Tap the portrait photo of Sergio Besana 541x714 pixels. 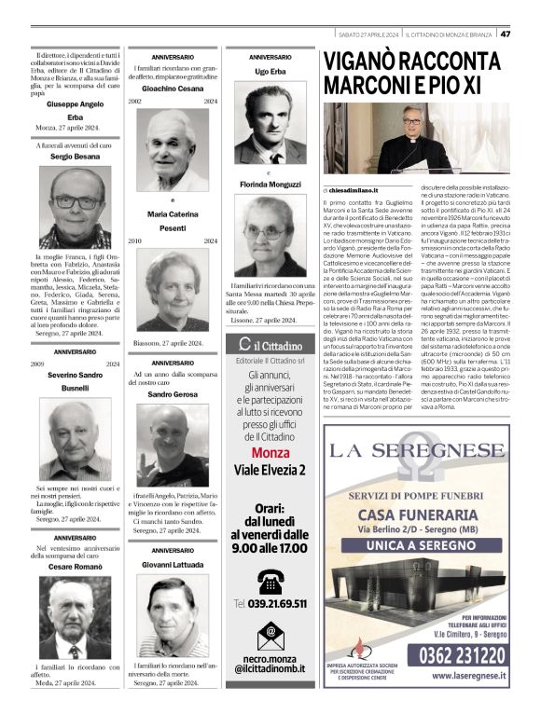[74, 207]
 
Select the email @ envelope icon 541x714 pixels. [270, 632]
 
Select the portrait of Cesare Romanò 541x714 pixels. [74, 618]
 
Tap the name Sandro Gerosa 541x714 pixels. [172, 394]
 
